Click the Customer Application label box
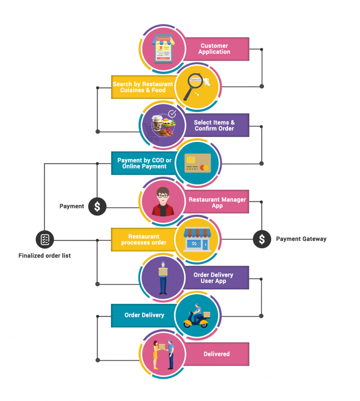coord(216,49)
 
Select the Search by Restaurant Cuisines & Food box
coord(143,87)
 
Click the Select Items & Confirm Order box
coord(216,125)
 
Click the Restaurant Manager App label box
coord(217,202)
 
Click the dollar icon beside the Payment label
coord(97,206)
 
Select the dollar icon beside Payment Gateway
coord(262,239)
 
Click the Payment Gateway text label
coord(301,239)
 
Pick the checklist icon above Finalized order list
coord(45,239)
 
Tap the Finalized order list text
coord(45,256)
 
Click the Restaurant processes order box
coord(143,239)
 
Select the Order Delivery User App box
coord(216,278)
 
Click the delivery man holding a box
coord(162,278)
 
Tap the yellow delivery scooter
coord(197,316)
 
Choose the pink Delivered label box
coord(216,354)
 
